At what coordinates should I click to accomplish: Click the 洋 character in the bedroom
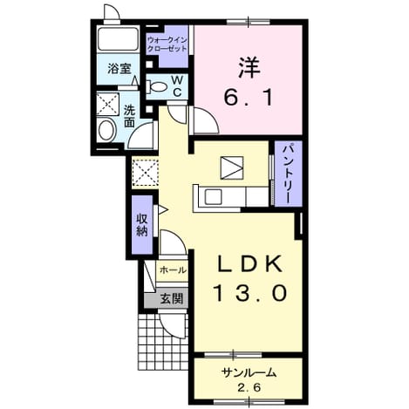pos(249,67)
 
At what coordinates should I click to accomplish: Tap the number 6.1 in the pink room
pos(249,98)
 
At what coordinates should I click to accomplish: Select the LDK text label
pos(250,263)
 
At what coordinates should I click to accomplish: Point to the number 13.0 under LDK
pos(250,292)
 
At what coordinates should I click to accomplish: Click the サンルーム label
pos(249,372)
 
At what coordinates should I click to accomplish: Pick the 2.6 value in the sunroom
pos(249,387)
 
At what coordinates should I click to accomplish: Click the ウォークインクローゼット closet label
pos(167,44)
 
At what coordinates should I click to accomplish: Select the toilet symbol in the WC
pos(157,86)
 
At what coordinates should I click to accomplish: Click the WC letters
pos(177,86)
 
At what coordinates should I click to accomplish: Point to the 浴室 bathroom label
pos(119,69)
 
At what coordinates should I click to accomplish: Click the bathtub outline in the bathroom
pos(118,39)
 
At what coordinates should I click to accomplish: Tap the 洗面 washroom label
pos(129,116)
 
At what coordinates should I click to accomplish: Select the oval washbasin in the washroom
pos(106,131)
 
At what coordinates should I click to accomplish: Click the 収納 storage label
pos(142,225)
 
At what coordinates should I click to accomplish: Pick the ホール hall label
pos(173,270)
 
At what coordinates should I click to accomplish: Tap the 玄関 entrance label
pos(172,298)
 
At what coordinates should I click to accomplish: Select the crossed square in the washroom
pos(107,104)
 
